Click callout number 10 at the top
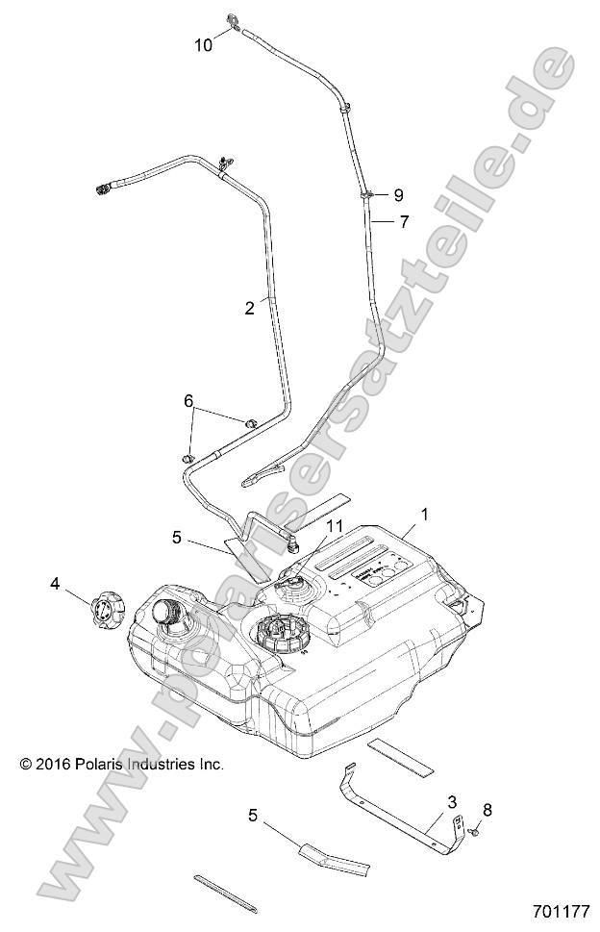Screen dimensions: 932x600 point(203,43)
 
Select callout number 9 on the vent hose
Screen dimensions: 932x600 point(398,195)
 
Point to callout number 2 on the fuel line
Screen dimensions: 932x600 point(249,308)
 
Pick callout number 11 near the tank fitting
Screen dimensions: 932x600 point(333,526)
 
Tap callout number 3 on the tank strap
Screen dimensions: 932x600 point(451,801)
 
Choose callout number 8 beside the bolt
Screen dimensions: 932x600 point(487,811)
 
